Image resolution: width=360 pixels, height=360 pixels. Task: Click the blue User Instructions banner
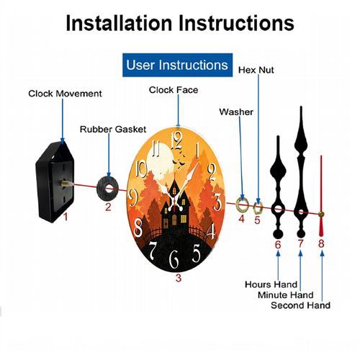click(177, 65)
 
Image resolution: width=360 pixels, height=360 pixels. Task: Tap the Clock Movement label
click(65, 94)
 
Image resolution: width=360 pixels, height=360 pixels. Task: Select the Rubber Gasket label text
click(113, 130)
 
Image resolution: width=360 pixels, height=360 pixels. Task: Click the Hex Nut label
click(256, 70)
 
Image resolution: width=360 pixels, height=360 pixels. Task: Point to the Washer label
click(236, 112)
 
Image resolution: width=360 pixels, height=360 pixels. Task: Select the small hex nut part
click(258, 208)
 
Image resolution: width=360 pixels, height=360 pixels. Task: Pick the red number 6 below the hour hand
click(278, 245)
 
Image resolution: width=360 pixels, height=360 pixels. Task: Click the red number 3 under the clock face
click(179, 278)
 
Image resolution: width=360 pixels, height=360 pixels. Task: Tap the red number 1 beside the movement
click(66, 217)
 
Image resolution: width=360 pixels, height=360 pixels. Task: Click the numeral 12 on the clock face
click(176, 140)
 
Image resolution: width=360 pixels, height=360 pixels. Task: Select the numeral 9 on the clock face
click(132, 197)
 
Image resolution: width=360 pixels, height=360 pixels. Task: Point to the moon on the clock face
click(161, 159)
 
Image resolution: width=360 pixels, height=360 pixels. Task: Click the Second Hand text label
click(300, 305)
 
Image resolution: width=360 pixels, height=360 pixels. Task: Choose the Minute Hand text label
click(286, 294)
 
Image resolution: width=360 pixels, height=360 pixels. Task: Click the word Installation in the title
click(119, 23)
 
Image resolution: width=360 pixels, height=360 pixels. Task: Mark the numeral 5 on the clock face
click(197, 253)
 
